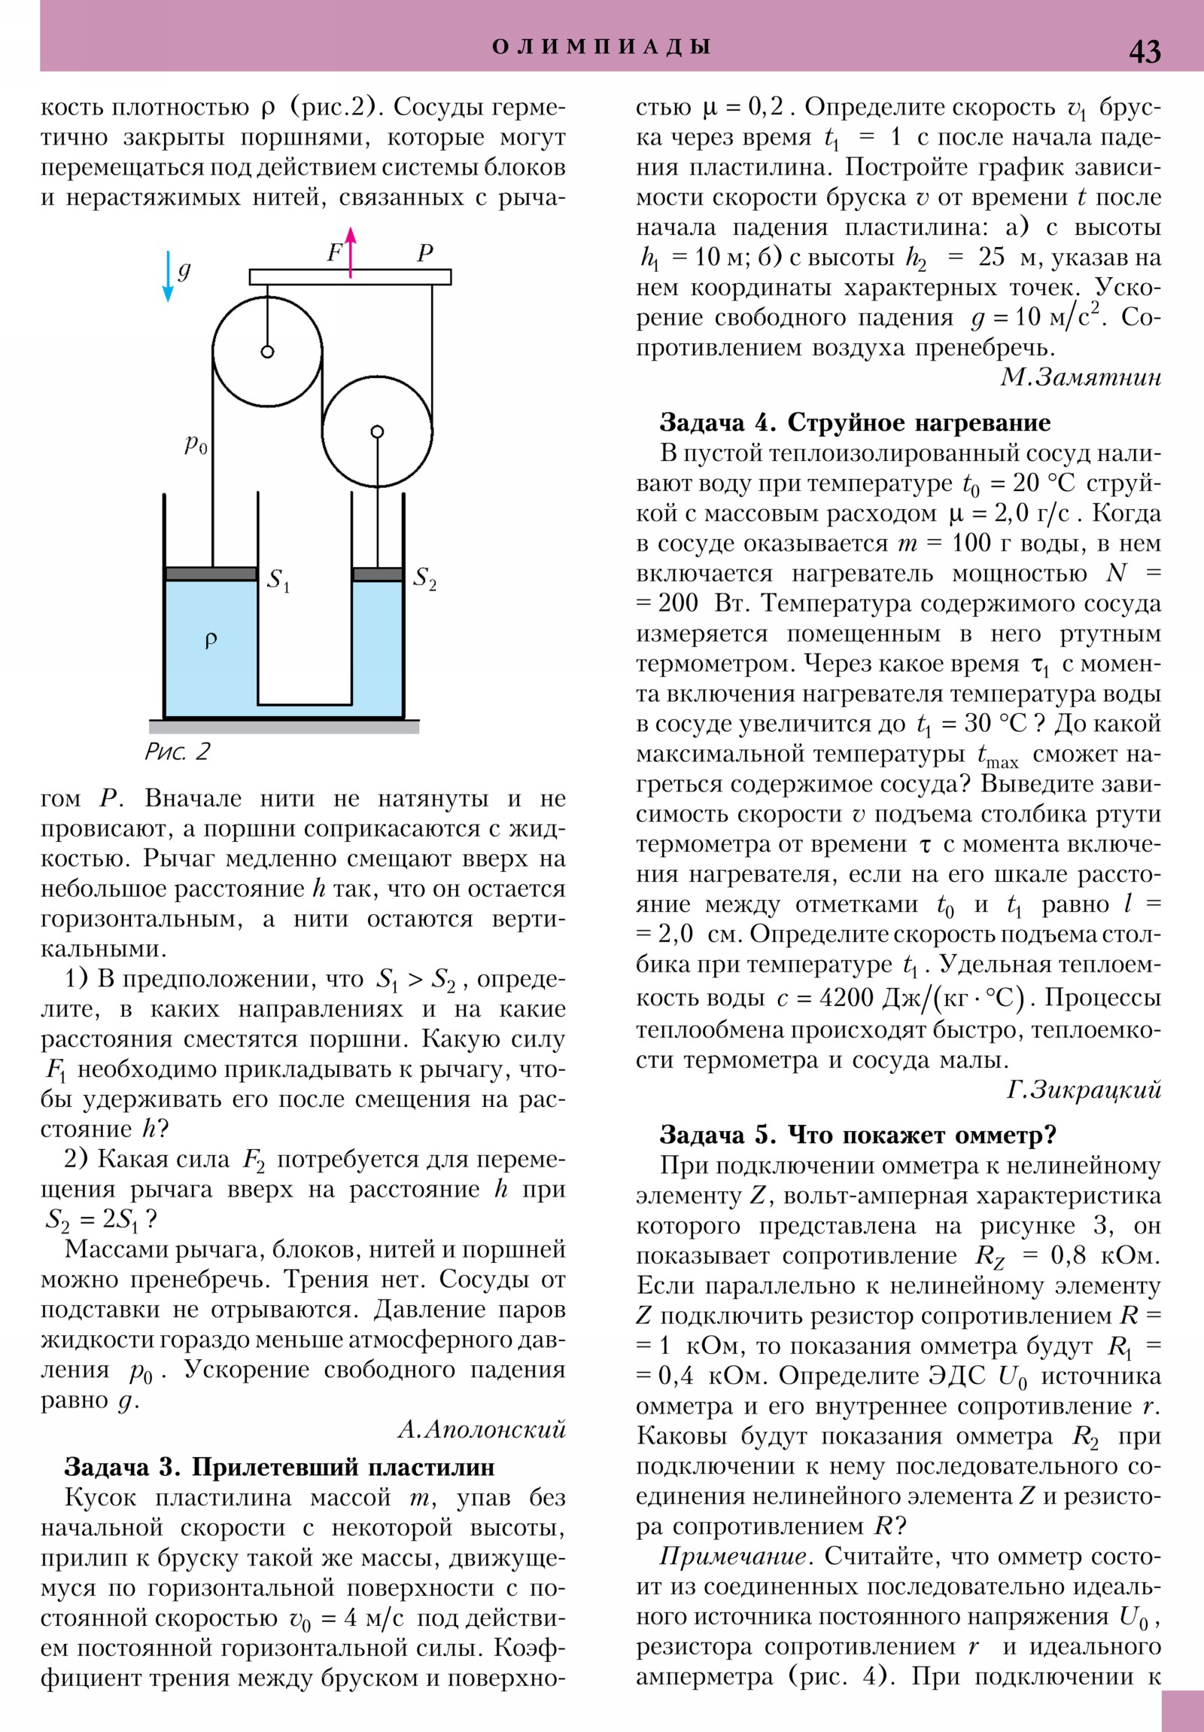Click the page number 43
click(x=1145, y=50)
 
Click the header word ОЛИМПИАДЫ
click(x=600, y=47)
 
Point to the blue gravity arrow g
click(x=169, y=276)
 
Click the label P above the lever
click(x=425, y=252)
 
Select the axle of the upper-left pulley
click(x=267, y=352)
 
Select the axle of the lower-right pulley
click(x=377, y=431)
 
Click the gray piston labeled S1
click(x=211, y=574)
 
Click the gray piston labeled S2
click(x=377, y=574)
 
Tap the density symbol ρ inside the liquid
click(x=211, y=639)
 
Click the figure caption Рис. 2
click(x=177, y=751)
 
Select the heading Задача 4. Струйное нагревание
click(x=855, y=422)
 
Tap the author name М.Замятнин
click(x=1081, y=377)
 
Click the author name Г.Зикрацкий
click(x=1084, y=1090)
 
